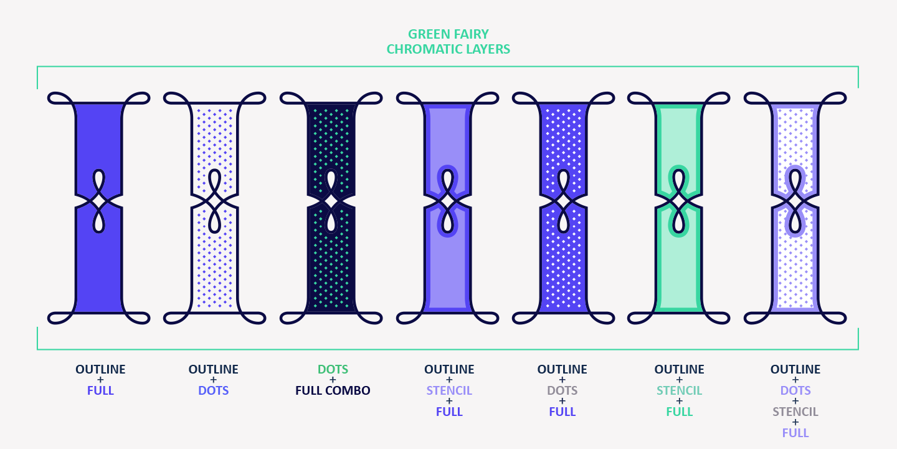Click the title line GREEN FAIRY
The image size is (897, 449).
448,34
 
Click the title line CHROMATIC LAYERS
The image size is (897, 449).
448,49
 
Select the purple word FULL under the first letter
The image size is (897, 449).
100,391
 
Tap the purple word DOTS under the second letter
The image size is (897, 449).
213,391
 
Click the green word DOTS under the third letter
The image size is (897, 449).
333,370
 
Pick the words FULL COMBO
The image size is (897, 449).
333,391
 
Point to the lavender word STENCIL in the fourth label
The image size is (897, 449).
449,391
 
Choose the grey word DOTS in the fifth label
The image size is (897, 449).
562,391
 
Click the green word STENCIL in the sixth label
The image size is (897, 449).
679,391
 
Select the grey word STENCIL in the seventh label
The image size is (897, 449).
795,412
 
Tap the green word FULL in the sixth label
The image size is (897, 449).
679,412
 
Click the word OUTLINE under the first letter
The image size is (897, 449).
100,370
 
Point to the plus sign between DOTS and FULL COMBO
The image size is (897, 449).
333,380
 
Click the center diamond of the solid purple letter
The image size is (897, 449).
98,201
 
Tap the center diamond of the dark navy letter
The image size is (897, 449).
331,201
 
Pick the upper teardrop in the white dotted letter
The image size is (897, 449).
214,183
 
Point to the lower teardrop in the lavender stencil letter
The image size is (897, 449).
447,220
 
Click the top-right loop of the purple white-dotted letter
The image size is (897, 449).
601,98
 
